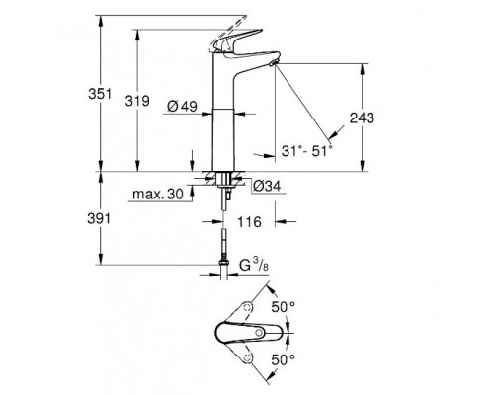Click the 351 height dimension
(100, 94)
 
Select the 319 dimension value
(137, 101)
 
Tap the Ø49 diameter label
(182, 106)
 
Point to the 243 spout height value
(362, 118)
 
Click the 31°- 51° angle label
(307, 151)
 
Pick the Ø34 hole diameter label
(267, 187)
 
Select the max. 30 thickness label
(158, 194)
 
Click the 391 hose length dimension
(99, 218)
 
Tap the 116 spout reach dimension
(249, 222)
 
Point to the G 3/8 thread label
(254, 266)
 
